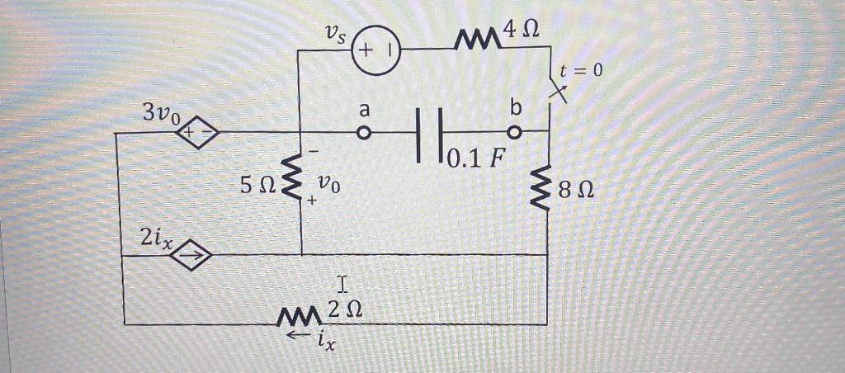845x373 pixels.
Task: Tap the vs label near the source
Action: (x=336, y=35)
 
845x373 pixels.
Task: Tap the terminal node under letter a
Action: (x=362, y=131)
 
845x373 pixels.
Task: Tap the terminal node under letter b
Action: (x=516, y=130)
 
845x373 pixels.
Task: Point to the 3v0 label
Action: (x=160, y=113)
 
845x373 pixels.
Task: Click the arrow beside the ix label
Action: (x=295, y=337)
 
